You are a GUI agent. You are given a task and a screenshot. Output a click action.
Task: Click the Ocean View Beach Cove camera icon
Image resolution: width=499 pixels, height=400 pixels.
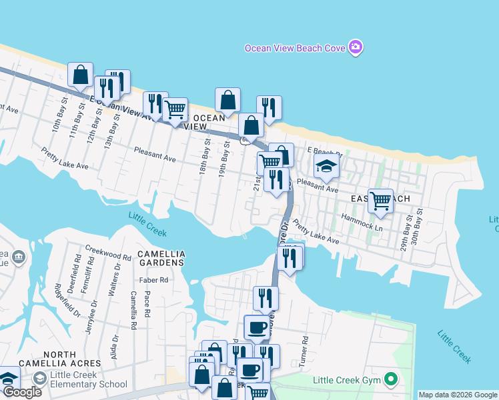[356, 47]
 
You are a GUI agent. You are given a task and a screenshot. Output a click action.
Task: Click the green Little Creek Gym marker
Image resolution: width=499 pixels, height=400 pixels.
[391, 381]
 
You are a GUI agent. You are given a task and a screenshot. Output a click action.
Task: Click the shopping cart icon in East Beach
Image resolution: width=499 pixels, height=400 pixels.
[380, 199]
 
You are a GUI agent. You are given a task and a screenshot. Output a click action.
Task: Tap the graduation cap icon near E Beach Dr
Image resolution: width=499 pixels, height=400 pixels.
[326, 165]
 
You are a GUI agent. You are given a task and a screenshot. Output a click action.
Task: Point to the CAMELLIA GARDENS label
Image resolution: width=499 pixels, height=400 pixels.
[160, 258]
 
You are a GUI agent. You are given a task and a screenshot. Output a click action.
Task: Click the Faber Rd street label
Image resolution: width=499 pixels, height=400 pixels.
[153, 280]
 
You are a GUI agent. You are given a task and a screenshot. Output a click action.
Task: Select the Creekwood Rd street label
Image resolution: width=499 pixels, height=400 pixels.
[109, 256]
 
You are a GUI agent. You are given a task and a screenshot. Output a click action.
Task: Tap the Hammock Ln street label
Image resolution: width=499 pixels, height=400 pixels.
[361, 217]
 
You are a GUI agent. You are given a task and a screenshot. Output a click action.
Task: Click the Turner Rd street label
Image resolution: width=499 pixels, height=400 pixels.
[305, 349]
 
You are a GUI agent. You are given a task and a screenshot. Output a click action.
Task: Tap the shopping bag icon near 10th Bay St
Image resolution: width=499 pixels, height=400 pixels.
[80, 74]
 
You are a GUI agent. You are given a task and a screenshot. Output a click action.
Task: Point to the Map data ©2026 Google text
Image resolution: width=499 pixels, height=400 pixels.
[458, 395]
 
